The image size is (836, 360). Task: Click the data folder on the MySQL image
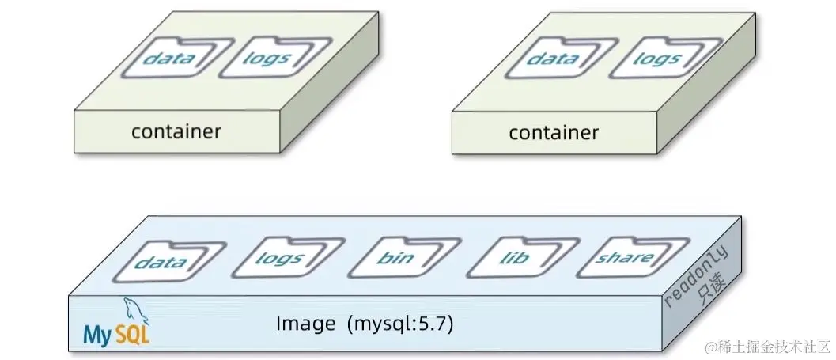[x=159, y=262]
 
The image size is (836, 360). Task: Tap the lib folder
[x=509, y=259]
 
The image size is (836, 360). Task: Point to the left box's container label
[x=176, y=131]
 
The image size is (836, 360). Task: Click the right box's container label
[x=554, y=133]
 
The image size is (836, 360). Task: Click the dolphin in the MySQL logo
[x=129, y=309]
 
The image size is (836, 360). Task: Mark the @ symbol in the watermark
[x=710, y=347]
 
